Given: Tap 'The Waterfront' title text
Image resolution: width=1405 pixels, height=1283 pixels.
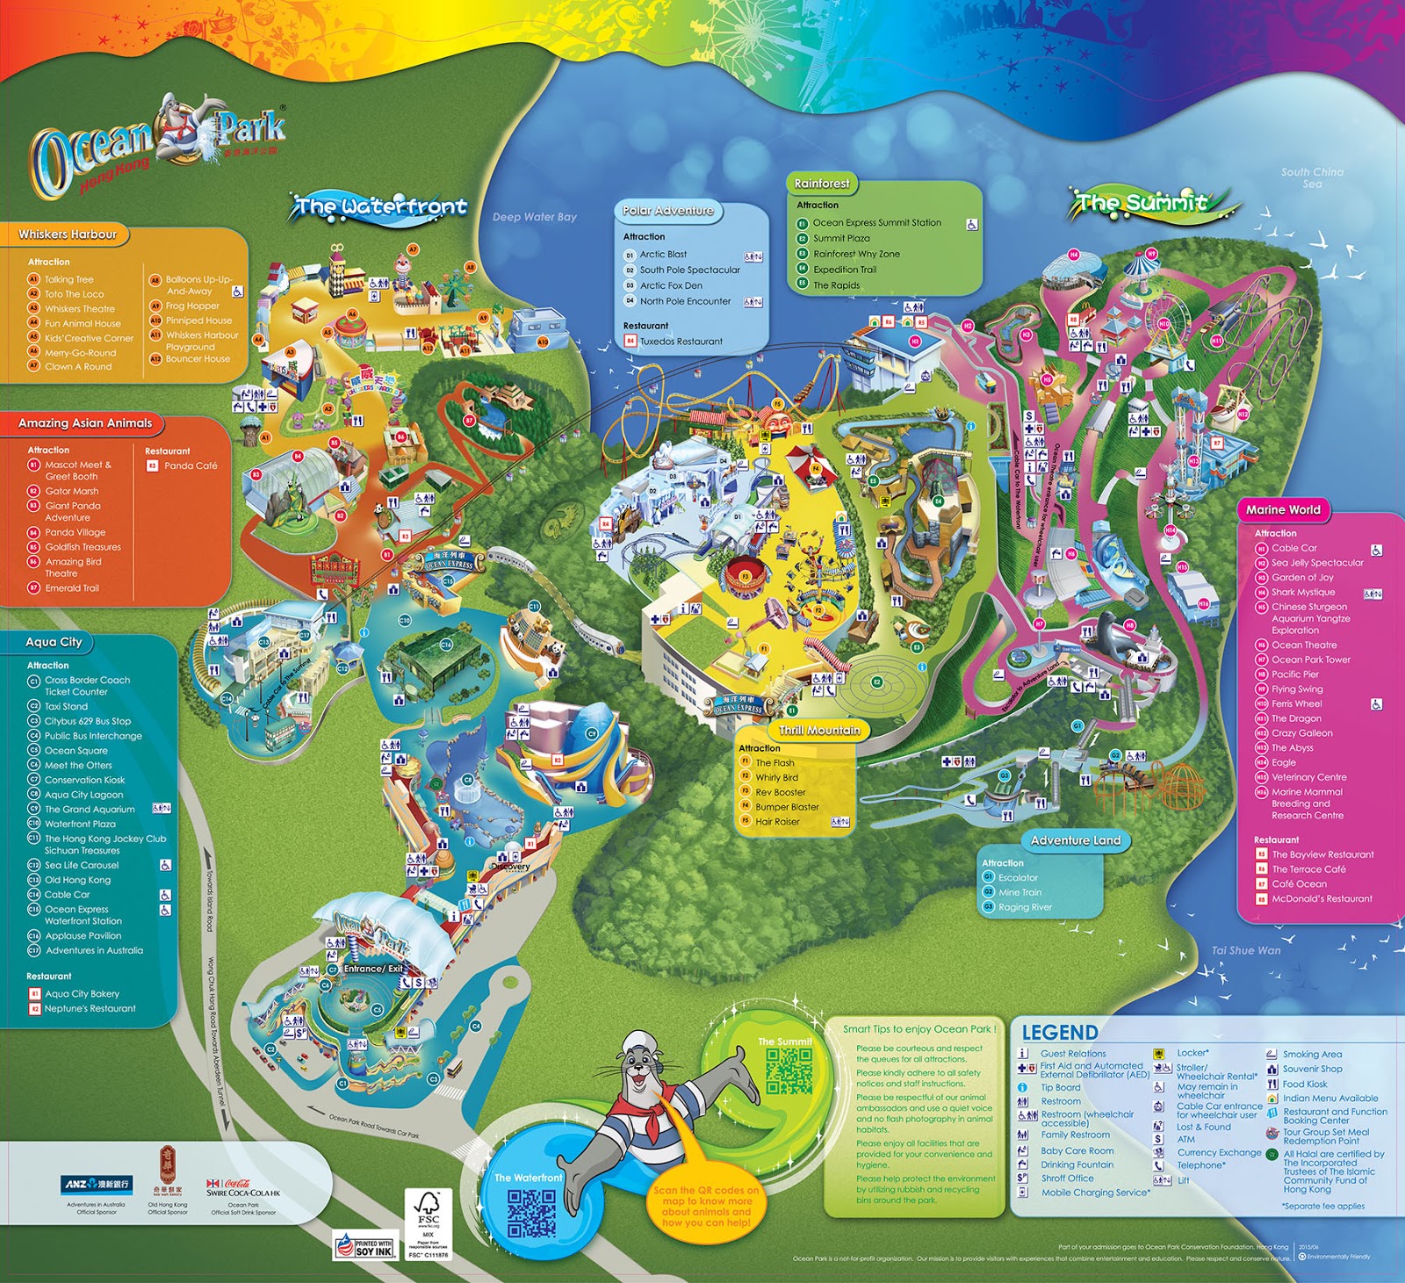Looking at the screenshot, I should point(379,207).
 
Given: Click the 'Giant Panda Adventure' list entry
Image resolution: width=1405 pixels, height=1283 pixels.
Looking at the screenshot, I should point(73,511).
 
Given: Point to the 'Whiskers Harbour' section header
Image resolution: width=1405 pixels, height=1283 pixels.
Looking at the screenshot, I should point(68,234).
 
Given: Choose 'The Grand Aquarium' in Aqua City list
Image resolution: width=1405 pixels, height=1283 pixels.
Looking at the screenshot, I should point(90,809).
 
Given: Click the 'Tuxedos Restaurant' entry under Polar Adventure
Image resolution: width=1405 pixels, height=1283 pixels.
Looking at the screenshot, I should point(681,342).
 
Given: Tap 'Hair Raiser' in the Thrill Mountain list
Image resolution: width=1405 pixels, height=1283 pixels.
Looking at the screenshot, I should point(777,822).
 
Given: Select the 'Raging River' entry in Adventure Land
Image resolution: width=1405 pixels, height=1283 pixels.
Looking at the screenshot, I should point(1024,907).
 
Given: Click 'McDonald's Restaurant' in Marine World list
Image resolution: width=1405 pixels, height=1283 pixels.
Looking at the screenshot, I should point(1322,898).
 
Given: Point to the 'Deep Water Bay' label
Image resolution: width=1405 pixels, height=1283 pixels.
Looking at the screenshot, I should point(534,217).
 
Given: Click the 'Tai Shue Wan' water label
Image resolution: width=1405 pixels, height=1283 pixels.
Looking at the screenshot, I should point(1245,950).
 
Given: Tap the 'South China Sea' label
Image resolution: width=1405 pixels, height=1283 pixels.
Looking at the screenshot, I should point(1312,177).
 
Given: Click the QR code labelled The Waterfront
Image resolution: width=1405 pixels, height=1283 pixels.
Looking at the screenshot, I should point(531,1213).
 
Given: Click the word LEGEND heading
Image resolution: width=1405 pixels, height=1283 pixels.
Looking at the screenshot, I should point(1059,1033).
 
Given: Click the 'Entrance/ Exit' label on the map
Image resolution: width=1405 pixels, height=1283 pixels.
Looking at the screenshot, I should point(373,969).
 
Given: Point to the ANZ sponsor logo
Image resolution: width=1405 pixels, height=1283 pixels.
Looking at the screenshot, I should point(96,1185).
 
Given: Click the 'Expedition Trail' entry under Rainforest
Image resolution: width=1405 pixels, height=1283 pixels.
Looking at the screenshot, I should point(844,270).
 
